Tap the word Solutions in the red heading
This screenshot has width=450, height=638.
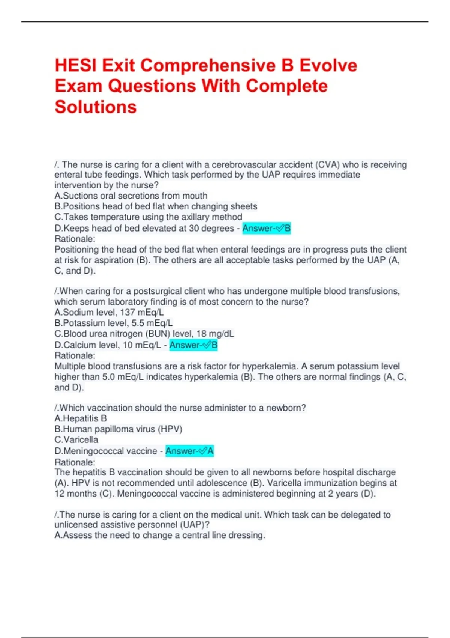click(x=96, y=107)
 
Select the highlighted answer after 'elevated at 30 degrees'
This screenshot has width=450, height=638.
click(x=266, y=228)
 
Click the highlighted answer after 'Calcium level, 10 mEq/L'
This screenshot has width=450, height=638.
click(x=193, y=345)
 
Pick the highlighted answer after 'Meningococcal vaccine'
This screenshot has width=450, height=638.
click(x=189, y=451)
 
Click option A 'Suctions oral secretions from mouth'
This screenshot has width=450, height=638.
click(x=131, y=196)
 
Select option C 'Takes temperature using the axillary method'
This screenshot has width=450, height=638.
click(x=148, y=217)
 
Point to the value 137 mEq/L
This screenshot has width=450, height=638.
click(x=142, y=312)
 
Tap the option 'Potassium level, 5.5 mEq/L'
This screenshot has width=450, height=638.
click(x=114, y=323)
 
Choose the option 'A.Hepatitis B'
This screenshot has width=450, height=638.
click(x=81, y=418)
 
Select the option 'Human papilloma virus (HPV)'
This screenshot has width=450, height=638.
click(x=118, y=429)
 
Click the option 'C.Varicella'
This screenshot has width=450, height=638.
click(x=76, y=439)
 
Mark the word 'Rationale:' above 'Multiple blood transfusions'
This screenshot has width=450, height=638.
click(x=75, y=355)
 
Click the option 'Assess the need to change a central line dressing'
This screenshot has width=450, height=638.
click(x=160, y=535)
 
